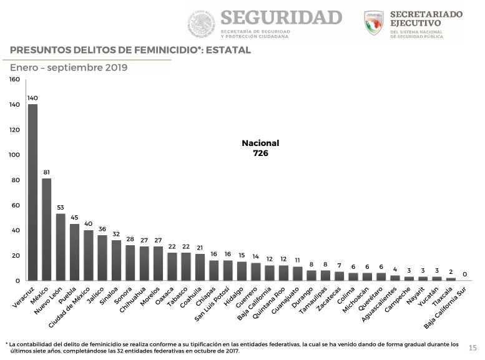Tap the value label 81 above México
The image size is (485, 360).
click(x=47, y=172)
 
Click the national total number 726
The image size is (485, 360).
click(x=260, y=152)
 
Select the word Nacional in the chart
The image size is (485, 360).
click(x=260, y=143)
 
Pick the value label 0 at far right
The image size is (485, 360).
click(x=465, y=274)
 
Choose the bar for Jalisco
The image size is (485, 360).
click(x=102, y=258)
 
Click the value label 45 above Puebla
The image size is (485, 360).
click(x=74, y=217)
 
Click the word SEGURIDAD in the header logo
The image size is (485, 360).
click(x=281, y=17)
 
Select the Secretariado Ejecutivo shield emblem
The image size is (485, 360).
click(x=374, y=23)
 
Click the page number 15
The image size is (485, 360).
click(x=473, y=348)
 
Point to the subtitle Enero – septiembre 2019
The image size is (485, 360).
click(x=69, y=67)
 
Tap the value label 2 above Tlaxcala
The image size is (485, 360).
click(x=451, y=271)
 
